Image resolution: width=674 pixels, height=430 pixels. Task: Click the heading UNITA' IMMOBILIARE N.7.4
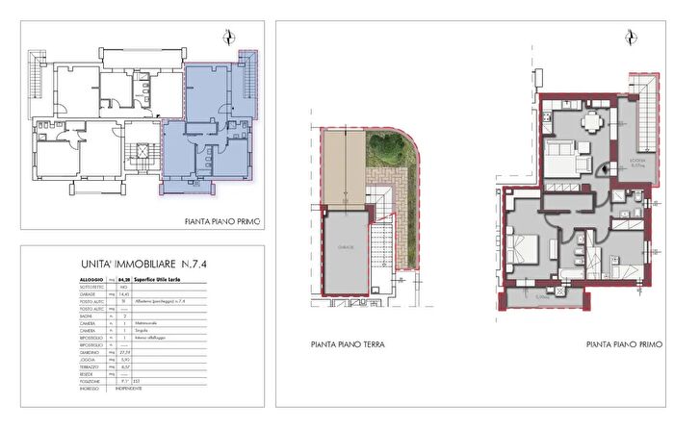pyautogui.click(x=142, y=264)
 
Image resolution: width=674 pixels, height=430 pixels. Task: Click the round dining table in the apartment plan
pyautogui.click(x=593, y=122)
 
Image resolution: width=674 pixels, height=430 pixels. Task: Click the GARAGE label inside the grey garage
pyautogui.click(x=345, y=247)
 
